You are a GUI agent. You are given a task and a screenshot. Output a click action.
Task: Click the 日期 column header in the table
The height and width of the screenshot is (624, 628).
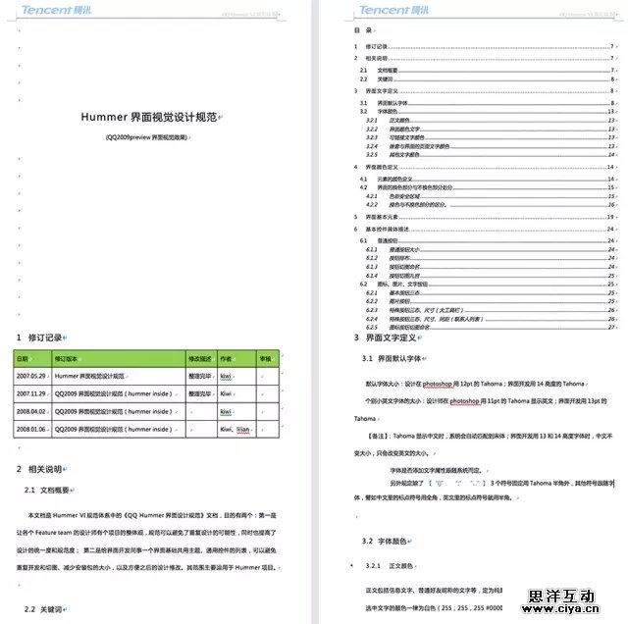[x=23, y=359]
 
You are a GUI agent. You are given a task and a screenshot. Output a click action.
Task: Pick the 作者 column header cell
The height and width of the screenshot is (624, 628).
[x=226, y=359]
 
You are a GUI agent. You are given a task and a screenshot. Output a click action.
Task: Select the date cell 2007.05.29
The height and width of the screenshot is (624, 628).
[x=32, y=376]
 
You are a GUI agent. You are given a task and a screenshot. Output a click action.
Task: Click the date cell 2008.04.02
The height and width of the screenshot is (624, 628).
[x=32, y=411]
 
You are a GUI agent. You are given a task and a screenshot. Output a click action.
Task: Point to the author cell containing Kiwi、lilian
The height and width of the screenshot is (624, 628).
[x=235, y=429]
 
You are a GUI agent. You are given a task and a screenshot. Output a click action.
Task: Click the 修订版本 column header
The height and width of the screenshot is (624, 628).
[x=70, y=359]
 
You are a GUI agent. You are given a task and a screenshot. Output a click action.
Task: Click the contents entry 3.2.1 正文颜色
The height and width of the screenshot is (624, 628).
[x=385, y=121]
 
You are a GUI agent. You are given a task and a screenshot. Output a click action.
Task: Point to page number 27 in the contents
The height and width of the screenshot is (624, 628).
[x=611, y=327]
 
